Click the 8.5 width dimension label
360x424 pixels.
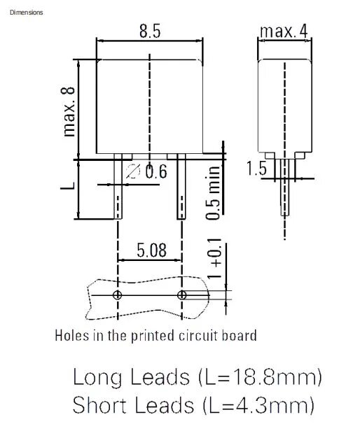click(150, 31)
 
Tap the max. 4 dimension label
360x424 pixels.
click(284, 31)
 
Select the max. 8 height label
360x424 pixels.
click(68, 112)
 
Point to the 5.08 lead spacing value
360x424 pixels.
click(151, 250)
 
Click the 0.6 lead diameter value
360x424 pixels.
click(156, 171)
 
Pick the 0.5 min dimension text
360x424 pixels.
click(213, 192)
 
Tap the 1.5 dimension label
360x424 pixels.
click(256, 168)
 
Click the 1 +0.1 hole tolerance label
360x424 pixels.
click(214, 259)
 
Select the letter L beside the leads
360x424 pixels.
click(67, 186)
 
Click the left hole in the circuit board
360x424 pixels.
click(117, 295)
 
